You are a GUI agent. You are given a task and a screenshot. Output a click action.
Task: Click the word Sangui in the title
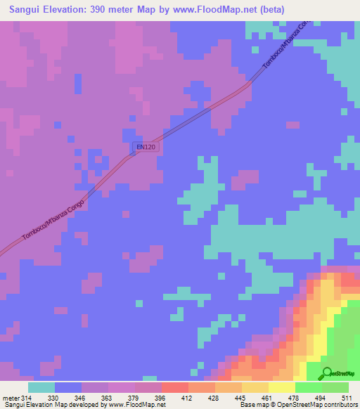point(27,9)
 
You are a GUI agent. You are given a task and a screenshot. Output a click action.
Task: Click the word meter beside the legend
point(10,398)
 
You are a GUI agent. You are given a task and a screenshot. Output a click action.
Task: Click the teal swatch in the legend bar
point(41,387)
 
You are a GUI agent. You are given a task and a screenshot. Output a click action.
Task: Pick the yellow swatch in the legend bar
point(282,387)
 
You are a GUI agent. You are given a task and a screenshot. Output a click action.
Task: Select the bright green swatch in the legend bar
point(309,387)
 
